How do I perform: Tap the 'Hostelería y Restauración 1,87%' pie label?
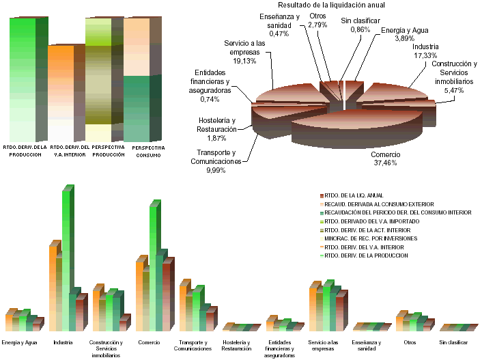(x=216, y=128)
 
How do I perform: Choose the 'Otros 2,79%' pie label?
(x=317, y=20)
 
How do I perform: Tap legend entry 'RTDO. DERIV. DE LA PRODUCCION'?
(x=366, y=255)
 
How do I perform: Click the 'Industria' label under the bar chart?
(x=63, y=342)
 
